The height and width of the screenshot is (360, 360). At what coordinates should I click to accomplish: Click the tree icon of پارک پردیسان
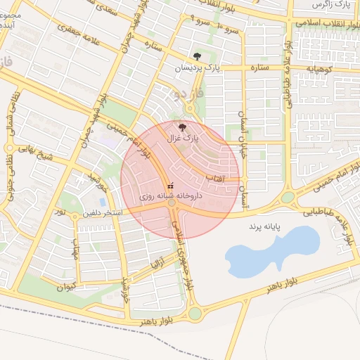(198, 57)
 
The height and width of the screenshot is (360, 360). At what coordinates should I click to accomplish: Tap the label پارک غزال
(182, 139)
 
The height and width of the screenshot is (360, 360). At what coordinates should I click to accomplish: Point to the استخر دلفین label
(103, 212)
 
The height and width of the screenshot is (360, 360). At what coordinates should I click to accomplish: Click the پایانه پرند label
(264, 228)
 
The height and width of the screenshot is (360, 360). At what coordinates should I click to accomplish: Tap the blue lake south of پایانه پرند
(271, 250)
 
